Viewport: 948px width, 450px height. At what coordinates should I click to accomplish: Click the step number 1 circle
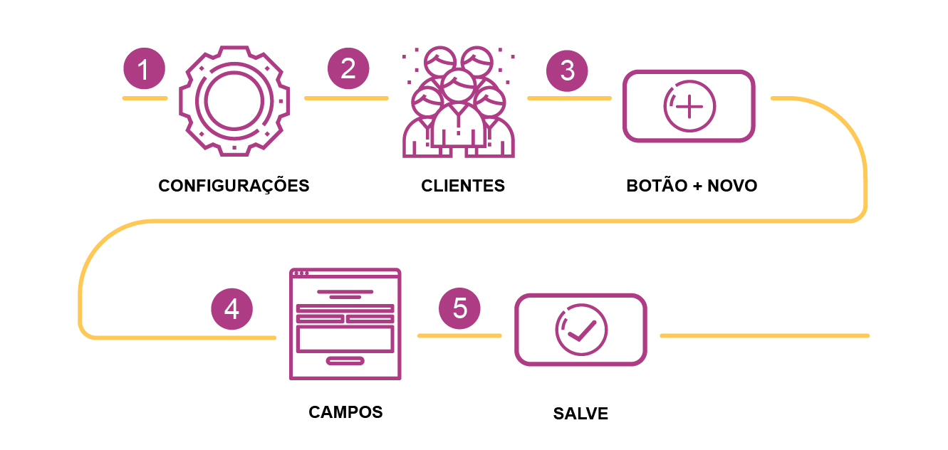point(144,69)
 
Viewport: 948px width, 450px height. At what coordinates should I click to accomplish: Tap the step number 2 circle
point(348,69)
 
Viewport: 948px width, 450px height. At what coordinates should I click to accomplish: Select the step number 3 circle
point(567,70)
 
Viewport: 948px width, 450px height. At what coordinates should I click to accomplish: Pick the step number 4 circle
point(232,310)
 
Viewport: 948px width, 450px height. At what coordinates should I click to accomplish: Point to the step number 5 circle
point(460,308)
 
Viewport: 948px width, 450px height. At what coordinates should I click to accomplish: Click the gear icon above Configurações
point(235,100)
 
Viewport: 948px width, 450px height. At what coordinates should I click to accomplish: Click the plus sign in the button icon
point(689,106)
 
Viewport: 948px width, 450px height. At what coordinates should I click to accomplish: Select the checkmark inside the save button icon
point(581,330)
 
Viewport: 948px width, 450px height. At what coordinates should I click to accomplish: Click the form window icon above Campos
point(345,324)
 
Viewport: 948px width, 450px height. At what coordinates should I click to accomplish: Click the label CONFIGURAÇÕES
point(234,187)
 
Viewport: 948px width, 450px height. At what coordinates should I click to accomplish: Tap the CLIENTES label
point(463,187)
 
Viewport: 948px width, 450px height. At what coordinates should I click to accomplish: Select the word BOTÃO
point(655,187)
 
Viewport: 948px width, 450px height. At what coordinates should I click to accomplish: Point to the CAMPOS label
point(345,412)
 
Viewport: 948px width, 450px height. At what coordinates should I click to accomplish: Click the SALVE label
point(580,414)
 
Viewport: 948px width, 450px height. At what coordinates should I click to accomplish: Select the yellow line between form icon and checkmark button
point(459,335)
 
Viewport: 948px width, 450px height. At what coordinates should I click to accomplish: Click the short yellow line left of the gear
point(144,98)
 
